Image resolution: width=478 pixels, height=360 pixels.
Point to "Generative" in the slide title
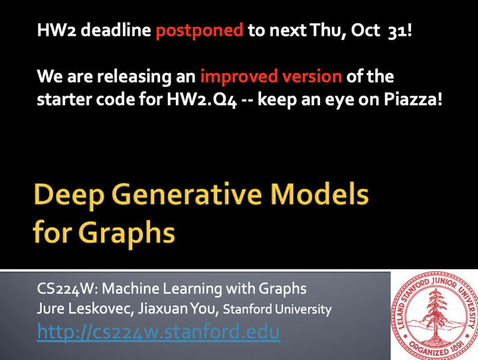pos(192,197)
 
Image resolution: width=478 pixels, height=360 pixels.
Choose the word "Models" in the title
pos(327,197)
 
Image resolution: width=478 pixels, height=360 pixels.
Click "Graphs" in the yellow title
pos(133,234)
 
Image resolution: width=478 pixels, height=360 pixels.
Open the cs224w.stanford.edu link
pos(158,331)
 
